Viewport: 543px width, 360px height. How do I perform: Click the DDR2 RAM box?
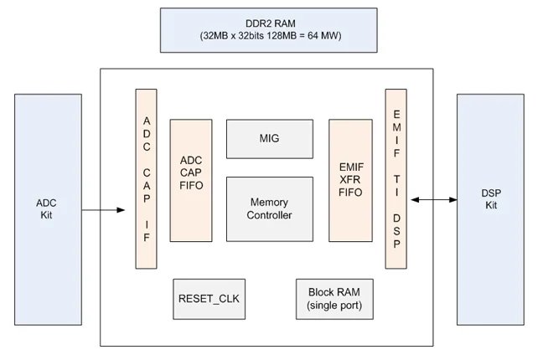(x=269, y=30)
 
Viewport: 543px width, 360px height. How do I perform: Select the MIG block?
(x=270, y=139)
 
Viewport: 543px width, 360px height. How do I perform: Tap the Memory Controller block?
(x=270, y=209)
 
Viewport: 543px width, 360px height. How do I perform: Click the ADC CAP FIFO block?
(x=191, y=180)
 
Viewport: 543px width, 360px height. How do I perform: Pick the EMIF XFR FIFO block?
(x=351, y=180)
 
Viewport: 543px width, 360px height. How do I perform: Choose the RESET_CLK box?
(x=209, y=299)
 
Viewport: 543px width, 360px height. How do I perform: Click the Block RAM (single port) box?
(x=334, y=299)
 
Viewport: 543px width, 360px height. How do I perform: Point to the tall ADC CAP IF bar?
(x=146, y=178)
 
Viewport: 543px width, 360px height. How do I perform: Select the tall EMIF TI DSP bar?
(x=396, y=178)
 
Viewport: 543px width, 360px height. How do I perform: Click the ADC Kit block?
(x=48, y=209)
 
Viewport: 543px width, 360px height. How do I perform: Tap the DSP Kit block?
(x=490, y=209)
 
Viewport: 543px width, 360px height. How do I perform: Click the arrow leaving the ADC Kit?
(x=103, y=210)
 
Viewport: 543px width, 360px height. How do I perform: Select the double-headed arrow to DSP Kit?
(x=434, y=199)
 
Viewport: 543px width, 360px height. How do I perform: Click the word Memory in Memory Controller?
(x=269, y=202)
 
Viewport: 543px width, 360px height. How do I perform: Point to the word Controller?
(x=269, y=215)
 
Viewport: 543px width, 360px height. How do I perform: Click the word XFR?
(x=350, y=180)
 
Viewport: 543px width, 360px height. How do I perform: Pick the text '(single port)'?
(x=334, y=306)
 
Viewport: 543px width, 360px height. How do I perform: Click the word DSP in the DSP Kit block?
(x=491, y=193)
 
